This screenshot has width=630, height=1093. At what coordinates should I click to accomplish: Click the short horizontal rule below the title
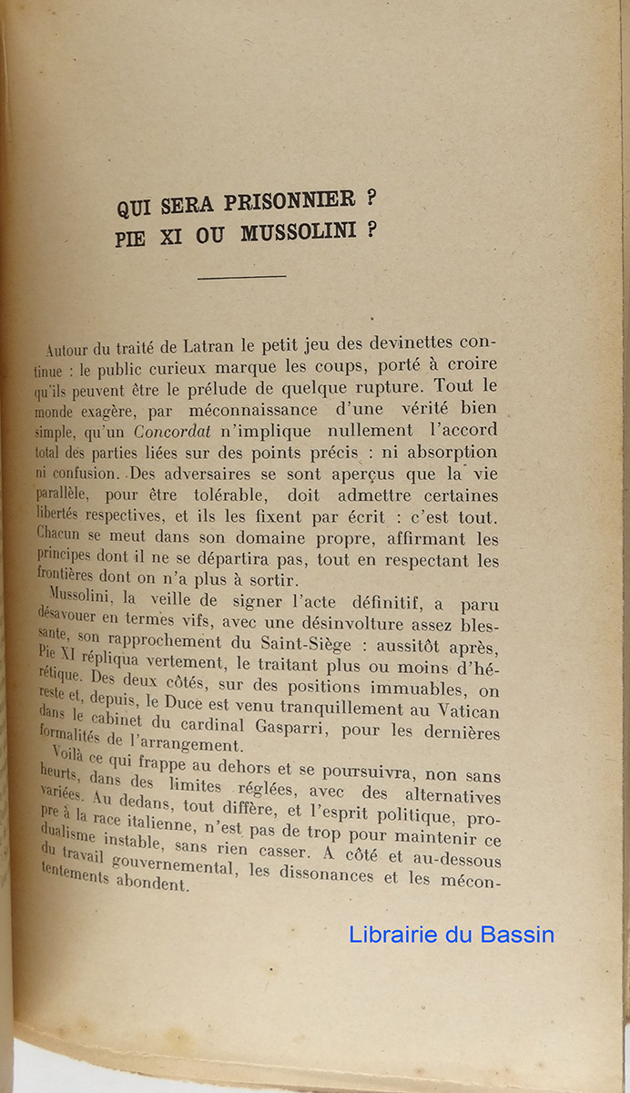click(241, 276)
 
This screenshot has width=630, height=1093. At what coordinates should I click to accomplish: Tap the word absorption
click(453, 453)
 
